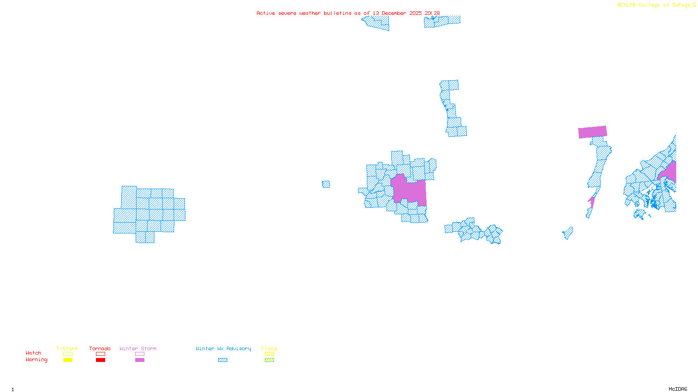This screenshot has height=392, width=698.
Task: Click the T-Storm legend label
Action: tap(67, 348)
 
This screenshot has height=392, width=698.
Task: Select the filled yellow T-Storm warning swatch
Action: tap(68, 360)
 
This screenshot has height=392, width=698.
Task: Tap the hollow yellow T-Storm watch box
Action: tap(68, 354)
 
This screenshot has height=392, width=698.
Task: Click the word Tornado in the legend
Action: tap(100, 348)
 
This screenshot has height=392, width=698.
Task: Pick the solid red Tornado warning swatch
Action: tap(100, 360)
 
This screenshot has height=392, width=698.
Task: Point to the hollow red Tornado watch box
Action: tap(100, 354)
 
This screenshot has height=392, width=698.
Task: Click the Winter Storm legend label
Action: tap(138, 348)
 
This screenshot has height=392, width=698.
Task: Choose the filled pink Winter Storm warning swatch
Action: tap(140, 360)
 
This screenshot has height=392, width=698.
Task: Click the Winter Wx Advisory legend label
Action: tap(223, 348)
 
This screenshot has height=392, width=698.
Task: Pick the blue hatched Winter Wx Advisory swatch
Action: tap(222, 360)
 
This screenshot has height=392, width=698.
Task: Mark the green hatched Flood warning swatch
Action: tap(269, 360)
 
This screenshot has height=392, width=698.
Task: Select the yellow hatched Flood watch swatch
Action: tap(269, 354)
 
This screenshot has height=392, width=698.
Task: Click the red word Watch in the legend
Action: tap(34, 353)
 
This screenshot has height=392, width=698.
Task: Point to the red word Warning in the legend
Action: tap(37, 360)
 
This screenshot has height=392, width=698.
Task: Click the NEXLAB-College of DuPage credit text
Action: tap(654, 5)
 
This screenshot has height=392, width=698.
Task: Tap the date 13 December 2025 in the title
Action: tap(397, 14)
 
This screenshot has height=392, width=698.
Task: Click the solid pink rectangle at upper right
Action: tap(592, 132)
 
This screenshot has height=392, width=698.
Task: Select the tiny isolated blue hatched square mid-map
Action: tap(326, 184)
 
